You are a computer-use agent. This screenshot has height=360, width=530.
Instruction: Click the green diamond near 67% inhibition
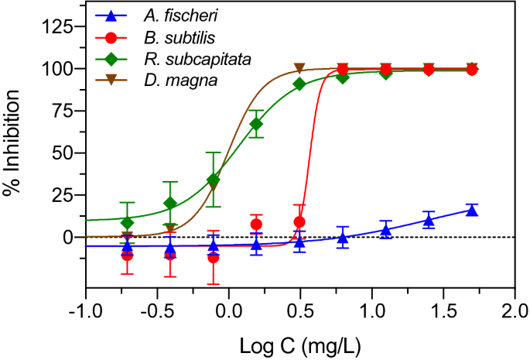pos(256,124)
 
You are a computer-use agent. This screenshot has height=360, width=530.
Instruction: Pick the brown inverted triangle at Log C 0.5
pos(299,68)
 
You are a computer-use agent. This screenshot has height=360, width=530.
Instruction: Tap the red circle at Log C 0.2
pos(256,225)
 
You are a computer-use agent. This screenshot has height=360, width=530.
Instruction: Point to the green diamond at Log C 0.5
pos(299,84)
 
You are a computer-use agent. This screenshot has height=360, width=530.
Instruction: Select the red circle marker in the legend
pos(113,36)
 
